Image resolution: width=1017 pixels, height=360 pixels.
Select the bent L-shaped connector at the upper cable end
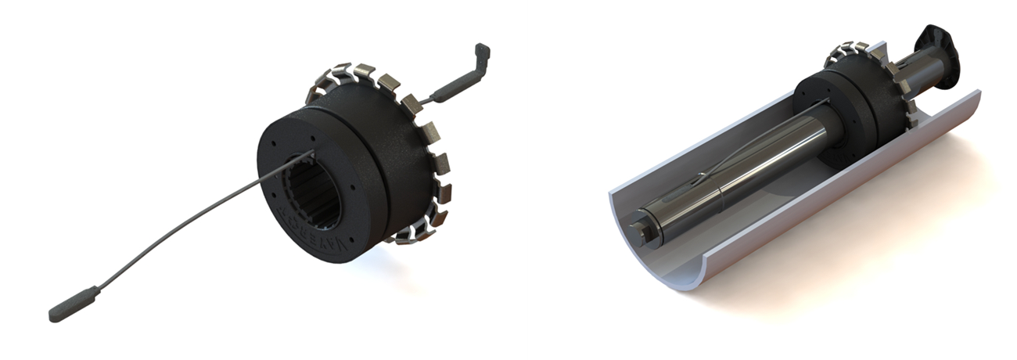pyautogui.click(x=482, y=59)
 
